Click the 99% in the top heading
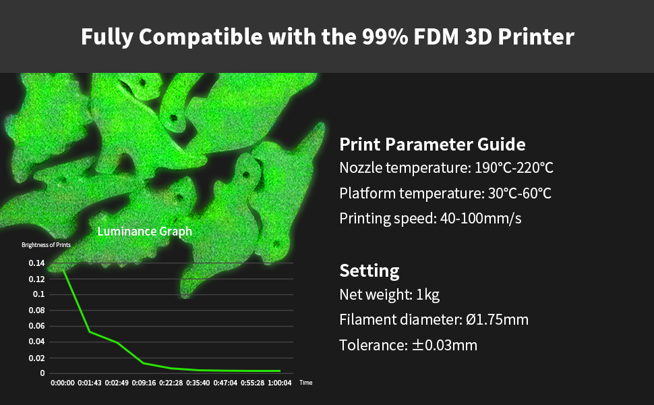[x=385, y=36]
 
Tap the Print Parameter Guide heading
[x=432, y=144]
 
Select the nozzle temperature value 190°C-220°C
[x=514, y=168]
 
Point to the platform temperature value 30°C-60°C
[x=520, y=193]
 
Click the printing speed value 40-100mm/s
[x=481, y=219]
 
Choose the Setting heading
[x=369, y=271]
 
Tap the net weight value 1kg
[x=427, y=295]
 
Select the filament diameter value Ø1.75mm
[x=497, y=320]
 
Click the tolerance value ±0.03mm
[x=444, y=346]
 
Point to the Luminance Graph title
[x=145, y=232]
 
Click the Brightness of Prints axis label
[x=46, y=245]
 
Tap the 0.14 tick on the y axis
[x=36, y=263]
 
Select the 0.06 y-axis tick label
[x=36, y=326]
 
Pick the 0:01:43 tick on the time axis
[x=90, y=383]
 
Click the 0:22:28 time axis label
[x=171, y=383]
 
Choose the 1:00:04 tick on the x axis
[x=279, y=383]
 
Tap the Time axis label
[x=305, y=383]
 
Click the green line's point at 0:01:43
[x=90, y=332]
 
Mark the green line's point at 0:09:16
[x=144, y=363]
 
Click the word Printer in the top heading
[x=536, y=36]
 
